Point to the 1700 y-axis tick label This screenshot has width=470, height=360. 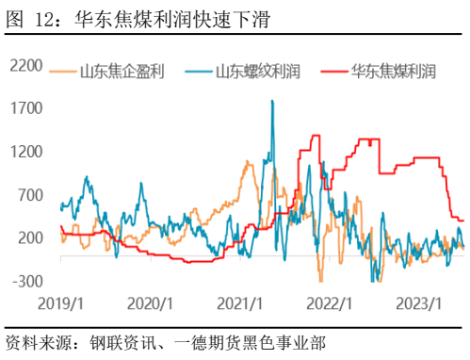tap(24, 107)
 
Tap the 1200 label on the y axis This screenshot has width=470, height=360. tap(24, 151)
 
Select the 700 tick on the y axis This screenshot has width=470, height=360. tap(28, 194)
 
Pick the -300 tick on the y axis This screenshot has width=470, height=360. tap(26, 281)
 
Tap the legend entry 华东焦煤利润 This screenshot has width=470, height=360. tap(393, 71)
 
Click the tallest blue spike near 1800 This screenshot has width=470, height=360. tap(273, 101)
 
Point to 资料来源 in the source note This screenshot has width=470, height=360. tap(35, 341)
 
